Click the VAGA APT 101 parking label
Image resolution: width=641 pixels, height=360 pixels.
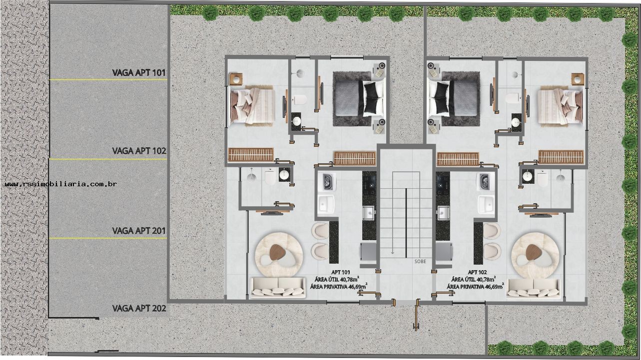pos(139,73)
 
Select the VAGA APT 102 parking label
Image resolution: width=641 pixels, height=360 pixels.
pos(139,150)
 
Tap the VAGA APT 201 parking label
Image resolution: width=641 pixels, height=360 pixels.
pos(139,231)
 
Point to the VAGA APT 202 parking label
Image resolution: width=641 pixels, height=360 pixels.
pos(139,308)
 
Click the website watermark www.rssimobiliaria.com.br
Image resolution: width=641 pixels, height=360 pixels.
pos(60,184)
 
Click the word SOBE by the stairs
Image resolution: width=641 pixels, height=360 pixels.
pos(420,261)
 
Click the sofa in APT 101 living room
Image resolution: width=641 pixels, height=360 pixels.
pos(278,287)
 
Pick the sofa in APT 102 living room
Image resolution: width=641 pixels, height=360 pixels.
pos(533,287)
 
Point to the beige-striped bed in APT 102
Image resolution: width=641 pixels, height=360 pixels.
pos(560,105)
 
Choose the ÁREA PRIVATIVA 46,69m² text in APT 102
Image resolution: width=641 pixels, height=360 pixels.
pos(475,287)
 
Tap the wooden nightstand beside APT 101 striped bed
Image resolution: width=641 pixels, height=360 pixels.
pos(236,78)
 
